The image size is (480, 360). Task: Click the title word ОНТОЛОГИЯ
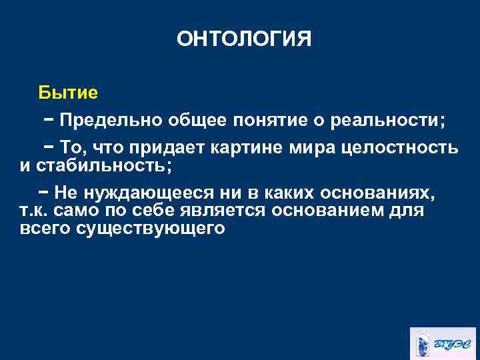[x=244, y=39]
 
